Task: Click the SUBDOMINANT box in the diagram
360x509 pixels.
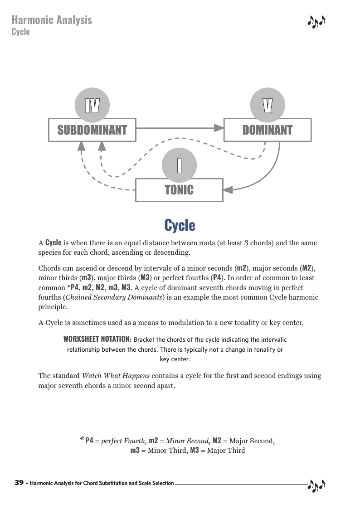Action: pos(92,130)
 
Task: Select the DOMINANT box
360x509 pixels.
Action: pos(268,130)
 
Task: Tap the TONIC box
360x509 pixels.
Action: pos(179,190)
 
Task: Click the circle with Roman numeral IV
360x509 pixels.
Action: pos(92,105)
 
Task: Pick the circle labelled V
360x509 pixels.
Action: pos(268,105)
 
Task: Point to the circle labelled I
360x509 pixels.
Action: pos(179,165)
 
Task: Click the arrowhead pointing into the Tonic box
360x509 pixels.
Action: pos(228,190)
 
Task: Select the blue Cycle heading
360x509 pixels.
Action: pos(180,225)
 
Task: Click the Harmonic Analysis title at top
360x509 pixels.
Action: pos(52,20)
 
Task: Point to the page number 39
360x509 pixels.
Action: pos(19,483)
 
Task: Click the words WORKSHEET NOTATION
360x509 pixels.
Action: pos(97,339)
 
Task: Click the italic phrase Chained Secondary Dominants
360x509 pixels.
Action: pos(114,297)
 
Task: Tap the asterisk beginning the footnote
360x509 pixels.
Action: pos(82,439)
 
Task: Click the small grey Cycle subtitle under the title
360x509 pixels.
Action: pos(20,32)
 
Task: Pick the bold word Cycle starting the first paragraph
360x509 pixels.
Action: pos(54,242)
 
